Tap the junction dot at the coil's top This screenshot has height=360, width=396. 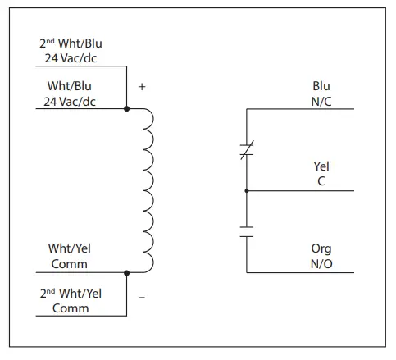[127, 108]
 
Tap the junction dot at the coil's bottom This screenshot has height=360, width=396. [127, 271]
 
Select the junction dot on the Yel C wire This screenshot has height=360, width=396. [246, 190]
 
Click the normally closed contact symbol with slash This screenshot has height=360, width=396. [246, 148]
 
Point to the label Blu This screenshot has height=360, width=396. [321, 85]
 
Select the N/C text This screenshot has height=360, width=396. [321, 100]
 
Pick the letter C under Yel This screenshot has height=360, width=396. [321, 182]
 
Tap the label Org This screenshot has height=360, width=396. [321, 249]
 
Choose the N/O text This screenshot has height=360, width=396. [321, 264]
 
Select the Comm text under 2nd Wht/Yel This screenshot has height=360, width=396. [71, 308]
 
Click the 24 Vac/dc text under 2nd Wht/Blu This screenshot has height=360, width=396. [71, 59]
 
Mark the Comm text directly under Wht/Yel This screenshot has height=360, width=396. [71, 264]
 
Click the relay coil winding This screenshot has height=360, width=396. [148, 189]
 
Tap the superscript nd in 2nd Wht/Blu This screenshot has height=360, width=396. [49, 40]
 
